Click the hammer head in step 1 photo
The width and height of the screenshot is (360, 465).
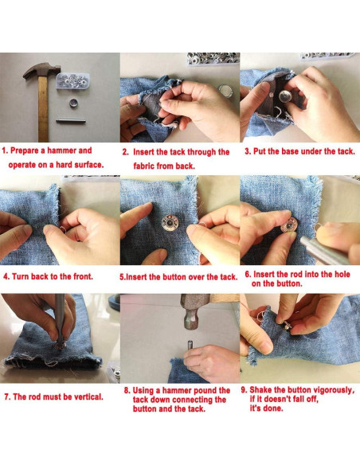pyautogui.click(x=41, y=70)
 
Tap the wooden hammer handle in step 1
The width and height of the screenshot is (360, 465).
pyautogui.click(x=43, y=109)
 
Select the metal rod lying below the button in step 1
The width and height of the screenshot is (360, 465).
pyautogui.click(x=71, y=121)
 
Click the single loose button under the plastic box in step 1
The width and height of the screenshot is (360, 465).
pyautogui.click(x=73, y=103)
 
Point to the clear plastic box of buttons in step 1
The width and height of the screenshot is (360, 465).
pyautogui.click(x=72, y=81)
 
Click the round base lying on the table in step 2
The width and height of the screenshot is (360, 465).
pyautogui.click(x=225, y=91)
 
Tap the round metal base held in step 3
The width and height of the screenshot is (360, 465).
pyautogui.click(x=286, y=98)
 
